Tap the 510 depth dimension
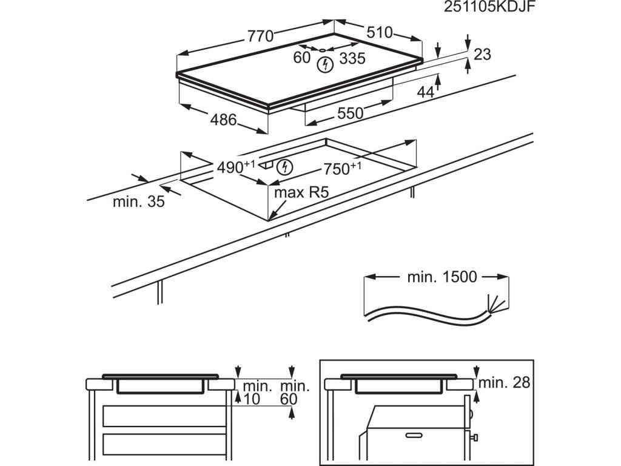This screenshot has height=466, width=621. click(380, 32)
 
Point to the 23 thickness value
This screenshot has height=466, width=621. click(482, 55)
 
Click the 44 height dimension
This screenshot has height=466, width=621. click(426, 92)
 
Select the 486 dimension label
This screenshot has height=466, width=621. click(223, 120)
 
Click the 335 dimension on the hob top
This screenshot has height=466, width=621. click(352, 58)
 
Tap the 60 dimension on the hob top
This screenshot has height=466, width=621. click(301, 58)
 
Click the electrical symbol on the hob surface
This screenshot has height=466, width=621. click(326, 64)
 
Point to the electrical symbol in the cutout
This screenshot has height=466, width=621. click(283, 166)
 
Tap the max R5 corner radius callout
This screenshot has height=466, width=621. click(301, 193)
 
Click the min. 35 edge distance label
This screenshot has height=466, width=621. click(138, 202)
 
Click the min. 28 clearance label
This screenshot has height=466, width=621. click(504, 383)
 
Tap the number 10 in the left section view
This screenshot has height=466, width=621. click(251, 399)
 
